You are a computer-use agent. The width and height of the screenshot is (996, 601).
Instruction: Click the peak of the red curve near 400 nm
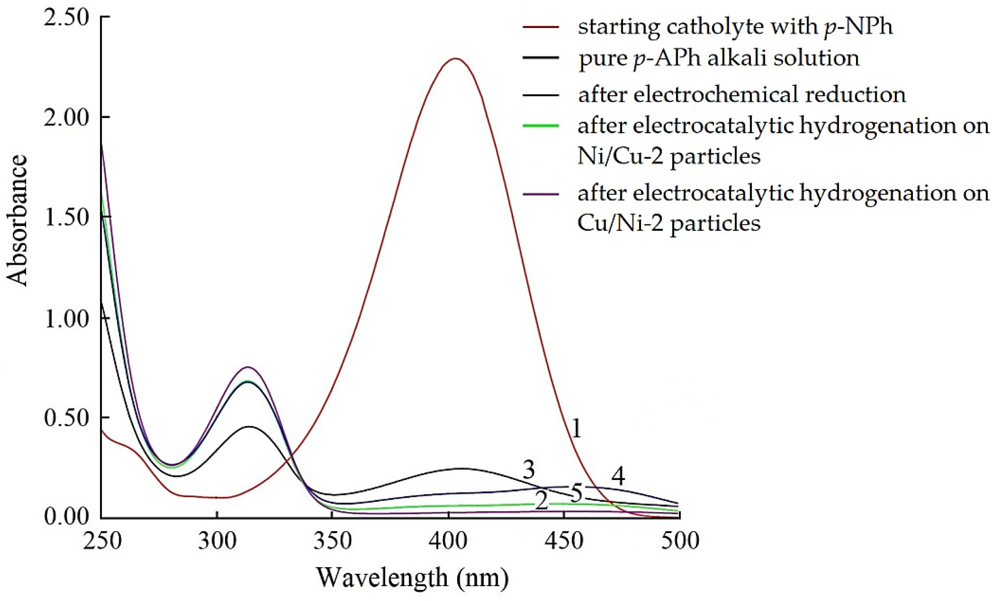point(455,59)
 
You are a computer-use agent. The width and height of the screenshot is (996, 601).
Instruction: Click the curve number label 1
point(576,428)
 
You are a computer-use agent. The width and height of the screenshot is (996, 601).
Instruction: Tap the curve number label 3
point(529,470)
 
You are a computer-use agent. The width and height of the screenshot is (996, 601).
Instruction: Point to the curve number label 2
point(541,502)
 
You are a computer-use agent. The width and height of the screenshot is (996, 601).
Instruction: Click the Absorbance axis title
point(17,221)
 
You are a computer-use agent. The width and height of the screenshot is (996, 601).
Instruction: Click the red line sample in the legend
point(541,27)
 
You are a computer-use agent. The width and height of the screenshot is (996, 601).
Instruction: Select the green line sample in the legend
point(541,126)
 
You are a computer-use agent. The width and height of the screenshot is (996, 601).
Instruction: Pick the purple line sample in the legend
point(541,194)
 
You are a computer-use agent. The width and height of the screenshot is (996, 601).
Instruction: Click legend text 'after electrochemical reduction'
point(742,95)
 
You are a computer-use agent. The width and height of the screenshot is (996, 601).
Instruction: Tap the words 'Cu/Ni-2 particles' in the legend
point(669,223)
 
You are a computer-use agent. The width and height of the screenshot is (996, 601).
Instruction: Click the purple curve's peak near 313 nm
point(247,367)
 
